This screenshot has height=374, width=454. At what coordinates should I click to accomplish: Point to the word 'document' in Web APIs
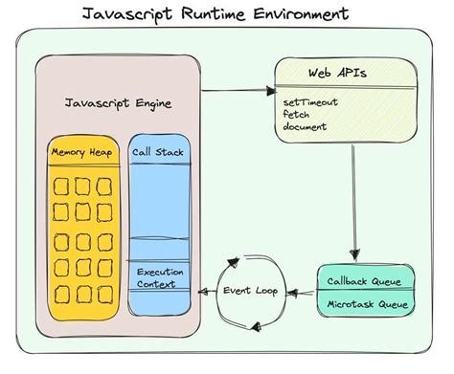click(306, 125)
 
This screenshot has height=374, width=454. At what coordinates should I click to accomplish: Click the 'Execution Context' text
click(158, 277)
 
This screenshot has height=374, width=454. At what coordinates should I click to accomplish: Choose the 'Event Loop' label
click(253, 290)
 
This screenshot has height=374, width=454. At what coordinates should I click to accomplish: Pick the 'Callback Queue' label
click(369, 281)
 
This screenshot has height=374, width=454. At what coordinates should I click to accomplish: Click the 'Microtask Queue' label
click(369, 303)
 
